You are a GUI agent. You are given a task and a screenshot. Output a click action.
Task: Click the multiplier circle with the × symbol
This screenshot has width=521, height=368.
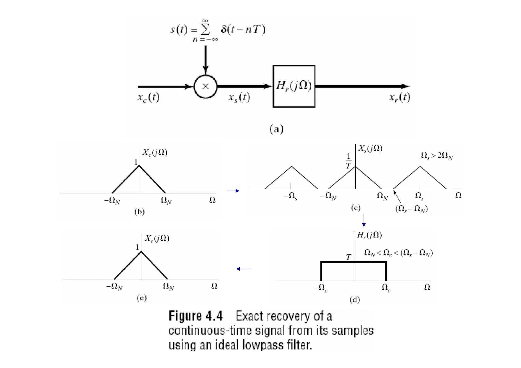point(205,86)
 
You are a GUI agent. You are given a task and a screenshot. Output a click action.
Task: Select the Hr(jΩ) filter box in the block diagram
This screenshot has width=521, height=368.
point(294,86)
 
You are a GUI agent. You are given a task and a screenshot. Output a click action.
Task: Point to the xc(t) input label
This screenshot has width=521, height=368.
point(148,97)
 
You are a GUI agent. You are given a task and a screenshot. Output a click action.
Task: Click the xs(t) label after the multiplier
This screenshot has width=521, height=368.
point(239,97)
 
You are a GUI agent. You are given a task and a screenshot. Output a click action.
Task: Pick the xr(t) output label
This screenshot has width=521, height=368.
point(399,97)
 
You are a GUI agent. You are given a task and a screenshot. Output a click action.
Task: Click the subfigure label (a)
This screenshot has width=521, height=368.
point(276,129)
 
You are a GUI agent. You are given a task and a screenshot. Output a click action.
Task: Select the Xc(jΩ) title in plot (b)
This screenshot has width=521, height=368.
point(155,152)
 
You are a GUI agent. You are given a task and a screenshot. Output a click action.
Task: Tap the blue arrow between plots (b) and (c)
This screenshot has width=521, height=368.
point(233,191)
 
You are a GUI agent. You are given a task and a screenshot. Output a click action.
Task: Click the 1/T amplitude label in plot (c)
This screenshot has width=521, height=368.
point(349,161)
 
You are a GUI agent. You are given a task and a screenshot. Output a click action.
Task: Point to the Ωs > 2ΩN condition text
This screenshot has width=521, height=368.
point(437,156)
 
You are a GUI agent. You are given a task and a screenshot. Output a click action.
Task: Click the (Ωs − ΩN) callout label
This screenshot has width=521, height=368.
point(411,209)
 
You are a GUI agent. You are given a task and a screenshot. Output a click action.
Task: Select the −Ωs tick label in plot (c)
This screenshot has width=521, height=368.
point(291,196)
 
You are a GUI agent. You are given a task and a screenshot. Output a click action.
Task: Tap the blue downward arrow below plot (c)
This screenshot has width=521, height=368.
point(364,220)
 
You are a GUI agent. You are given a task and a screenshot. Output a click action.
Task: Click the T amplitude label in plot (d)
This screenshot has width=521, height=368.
point(349,257)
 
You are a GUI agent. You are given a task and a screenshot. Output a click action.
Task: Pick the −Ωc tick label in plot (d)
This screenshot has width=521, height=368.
point(320,288)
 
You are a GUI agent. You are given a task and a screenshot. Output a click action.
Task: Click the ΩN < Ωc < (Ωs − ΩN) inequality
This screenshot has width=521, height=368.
point(398,253)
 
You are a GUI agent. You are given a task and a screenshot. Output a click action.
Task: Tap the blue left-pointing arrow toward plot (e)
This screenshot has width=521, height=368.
point(244,269)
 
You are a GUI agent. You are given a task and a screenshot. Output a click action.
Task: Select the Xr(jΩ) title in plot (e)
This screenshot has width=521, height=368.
point(157,238)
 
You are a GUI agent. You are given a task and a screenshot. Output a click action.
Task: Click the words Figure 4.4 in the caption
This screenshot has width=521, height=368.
point(196,316)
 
